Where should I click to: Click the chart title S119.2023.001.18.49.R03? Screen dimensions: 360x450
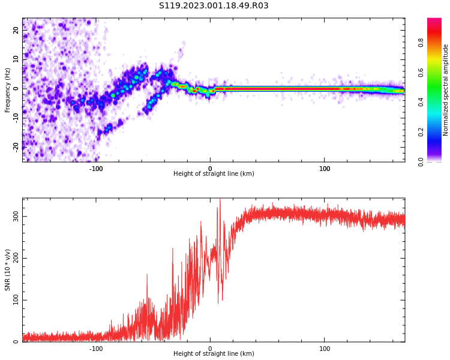pyautogui.click(x=214, y=6)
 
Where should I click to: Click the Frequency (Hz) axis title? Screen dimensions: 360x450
pyautogui.click(x=8, y=90)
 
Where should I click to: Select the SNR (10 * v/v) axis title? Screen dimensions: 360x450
pyautogui.click(x=8, y=270)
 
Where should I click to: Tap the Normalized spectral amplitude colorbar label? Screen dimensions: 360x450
pyautogui.click(x=446, y=90)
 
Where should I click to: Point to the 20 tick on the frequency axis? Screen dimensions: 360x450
pyautogui.click(x=16, y=30)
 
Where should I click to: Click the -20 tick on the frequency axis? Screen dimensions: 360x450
pyautogui.click(x=16, y=146)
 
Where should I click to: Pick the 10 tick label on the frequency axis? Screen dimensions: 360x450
pyautogui.click(x=16, y=59)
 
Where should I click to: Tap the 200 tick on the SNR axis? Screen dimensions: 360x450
pyautogui.click(x=16, y=258)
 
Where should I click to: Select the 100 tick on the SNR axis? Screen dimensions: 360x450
pyautogui.click(x=16, y=300)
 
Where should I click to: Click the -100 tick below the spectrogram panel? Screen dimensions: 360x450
pyautogui.click(x=96, y=169)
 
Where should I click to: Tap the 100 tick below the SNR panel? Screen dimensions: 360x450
pyautogui.click(x=325, y=349)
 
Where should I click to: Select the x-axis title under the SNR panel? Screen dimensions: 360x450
pyautogui.click(x=214, y=354)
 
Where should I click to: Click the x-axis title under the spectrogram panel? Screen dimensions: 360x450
pyautogui.click(x=214, y=174)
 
